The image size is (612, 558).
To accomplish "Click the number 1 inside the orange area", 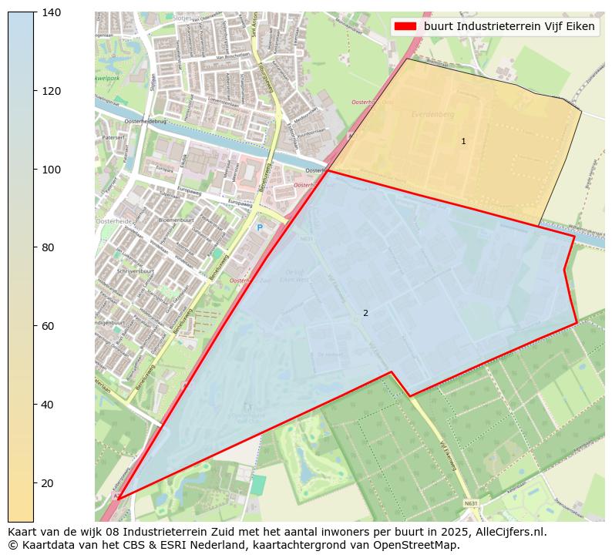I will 463,141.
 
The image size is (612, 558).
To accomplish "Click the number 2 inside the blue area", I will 365,313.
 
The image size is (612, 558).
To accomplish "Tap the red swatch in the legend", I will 405,26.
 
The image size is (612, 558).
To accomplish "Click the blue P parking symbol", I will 260,227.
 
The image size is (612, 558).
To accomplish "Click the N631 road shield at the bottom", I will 471,503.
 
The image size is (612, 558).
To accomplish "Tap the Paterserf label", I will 113,137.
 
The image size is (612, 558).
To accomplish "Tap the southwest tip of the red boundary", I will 118,499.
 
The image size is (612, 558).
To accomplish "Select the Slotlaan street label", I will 153,82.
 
